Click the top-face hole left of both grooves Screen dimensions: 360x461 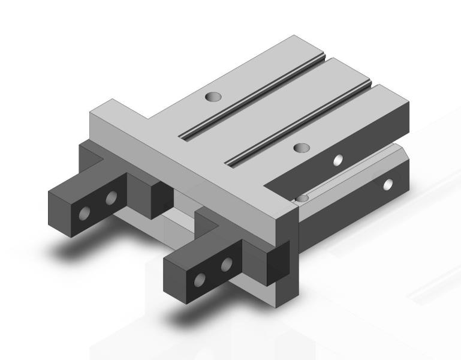pyautogui.click(x=212, y=96)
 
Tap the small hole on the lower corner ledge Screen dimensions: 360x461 pyautogui.click(x=303, y=197)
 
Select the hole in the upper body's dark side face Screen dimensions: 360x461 pyautogui.click(x=338, y=160)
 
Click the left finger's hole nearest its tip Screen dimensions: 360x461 pyautogui.click(x=86, y=212)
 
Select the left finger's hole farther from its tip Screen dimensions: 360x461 pyautogui.click(x=111, y=198)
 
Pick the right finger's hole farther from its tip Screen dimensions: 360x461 pyautogui.click(x=227, y=264)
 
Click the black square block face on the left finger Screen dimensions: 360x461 pyautogui.click(x=158, y=196)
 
